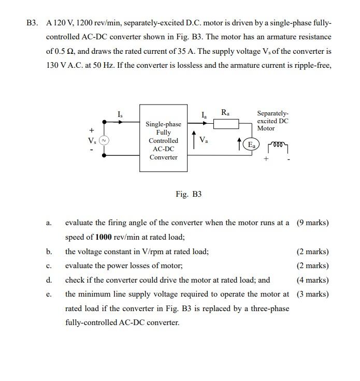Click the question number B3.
33,23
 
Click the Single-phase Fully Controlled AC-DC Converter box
163,140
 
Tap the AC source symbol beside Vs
105,140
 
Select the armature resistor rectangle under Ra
226,123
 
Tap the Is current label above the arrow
120,114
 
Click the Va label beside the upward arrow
204,139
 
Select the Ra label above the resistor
225,112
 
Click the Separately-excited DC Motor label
272,121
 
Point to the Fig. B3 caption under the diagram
189,194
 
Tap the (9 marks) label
313,223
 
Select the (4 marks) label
313,280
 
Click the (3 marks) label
313,294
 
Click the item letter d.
49,280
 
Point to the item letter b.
49,252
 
